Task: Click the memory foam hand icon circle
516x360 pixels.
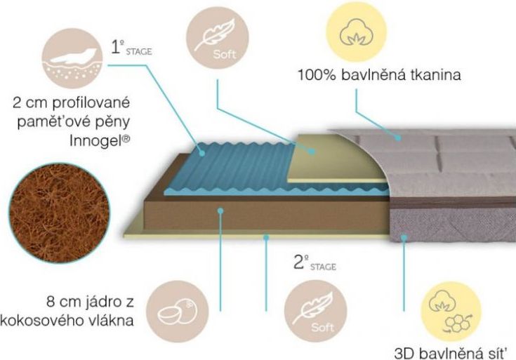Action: click(72, 58)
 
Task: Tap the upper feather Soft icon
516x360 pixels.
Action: click(218, 38)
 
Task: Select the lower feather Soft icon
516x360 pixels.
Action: click(316, 311)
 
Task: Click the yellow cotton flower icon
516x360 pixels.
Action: click(356, 32)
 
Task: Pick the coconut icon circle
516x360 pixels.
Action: click(178, 312)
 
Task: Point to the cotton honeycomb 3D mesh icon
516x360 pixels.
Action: click(451, 312)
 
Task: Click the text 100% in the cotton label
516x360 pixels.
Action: click(317, 75)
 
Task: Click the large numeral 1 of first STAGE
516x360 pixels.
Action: click(116, 48)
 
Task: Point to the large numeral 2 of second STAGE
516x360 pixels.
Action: click(299, 262)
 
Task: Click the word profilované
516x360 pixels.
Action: click(91, 103)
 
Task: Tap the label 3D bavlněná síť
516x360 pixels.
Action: click(449, 353)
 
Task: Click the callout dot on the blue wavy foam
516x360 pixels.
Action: click(202, 153)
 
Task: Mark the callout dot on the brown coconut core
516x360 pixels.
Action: click(220, 211)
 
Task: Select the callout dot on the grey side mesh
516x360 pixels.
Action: click(404, 236)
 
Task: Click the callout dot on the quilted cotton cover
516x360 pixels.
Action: click(398, 138)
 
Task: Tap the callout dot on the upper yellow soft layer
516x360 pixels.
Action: click(311, 152)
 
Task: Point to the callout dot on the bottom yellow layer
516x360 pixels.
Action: click(266, 236)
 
